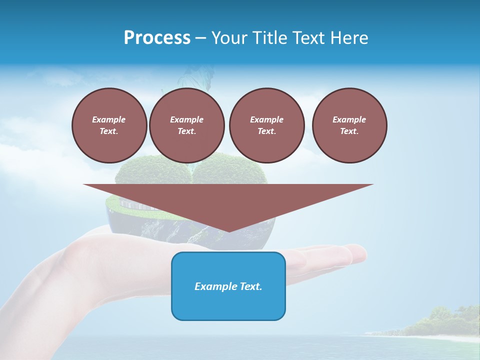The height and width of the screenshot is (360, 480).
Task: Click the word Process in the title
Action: coord(157,38)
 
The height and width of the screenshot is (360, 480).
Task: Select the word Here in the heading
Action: coord(349,38)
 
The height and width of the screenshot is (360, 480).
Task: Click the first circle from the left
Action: coord(109,125)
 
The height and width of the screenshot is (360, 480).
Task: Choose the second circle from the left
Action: coord(186,125)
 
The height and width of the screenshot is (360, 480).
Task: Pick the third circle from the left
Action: coord(266,125)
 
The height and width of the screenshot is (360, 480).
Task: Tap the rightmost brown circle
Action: coord(349,125)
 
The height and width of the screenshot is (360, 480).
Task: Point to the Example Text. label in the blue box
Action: coord(228,286)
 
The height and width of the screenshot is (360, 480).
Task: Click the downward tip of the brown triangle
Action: coord(228,230)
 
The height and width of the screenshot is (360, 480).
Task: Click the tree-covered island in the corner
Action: coord(440,322)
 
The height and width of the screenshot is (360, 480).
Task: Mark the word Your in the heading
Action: coord(228,38)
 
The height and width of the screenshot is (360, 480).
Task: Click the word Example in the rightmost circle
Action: coord(349,119)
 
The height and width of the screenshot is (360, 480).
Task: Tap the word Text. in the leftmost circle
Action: coord(109,131)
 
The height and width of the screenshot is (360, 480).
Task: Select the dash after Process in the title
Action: coord(200,38)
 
